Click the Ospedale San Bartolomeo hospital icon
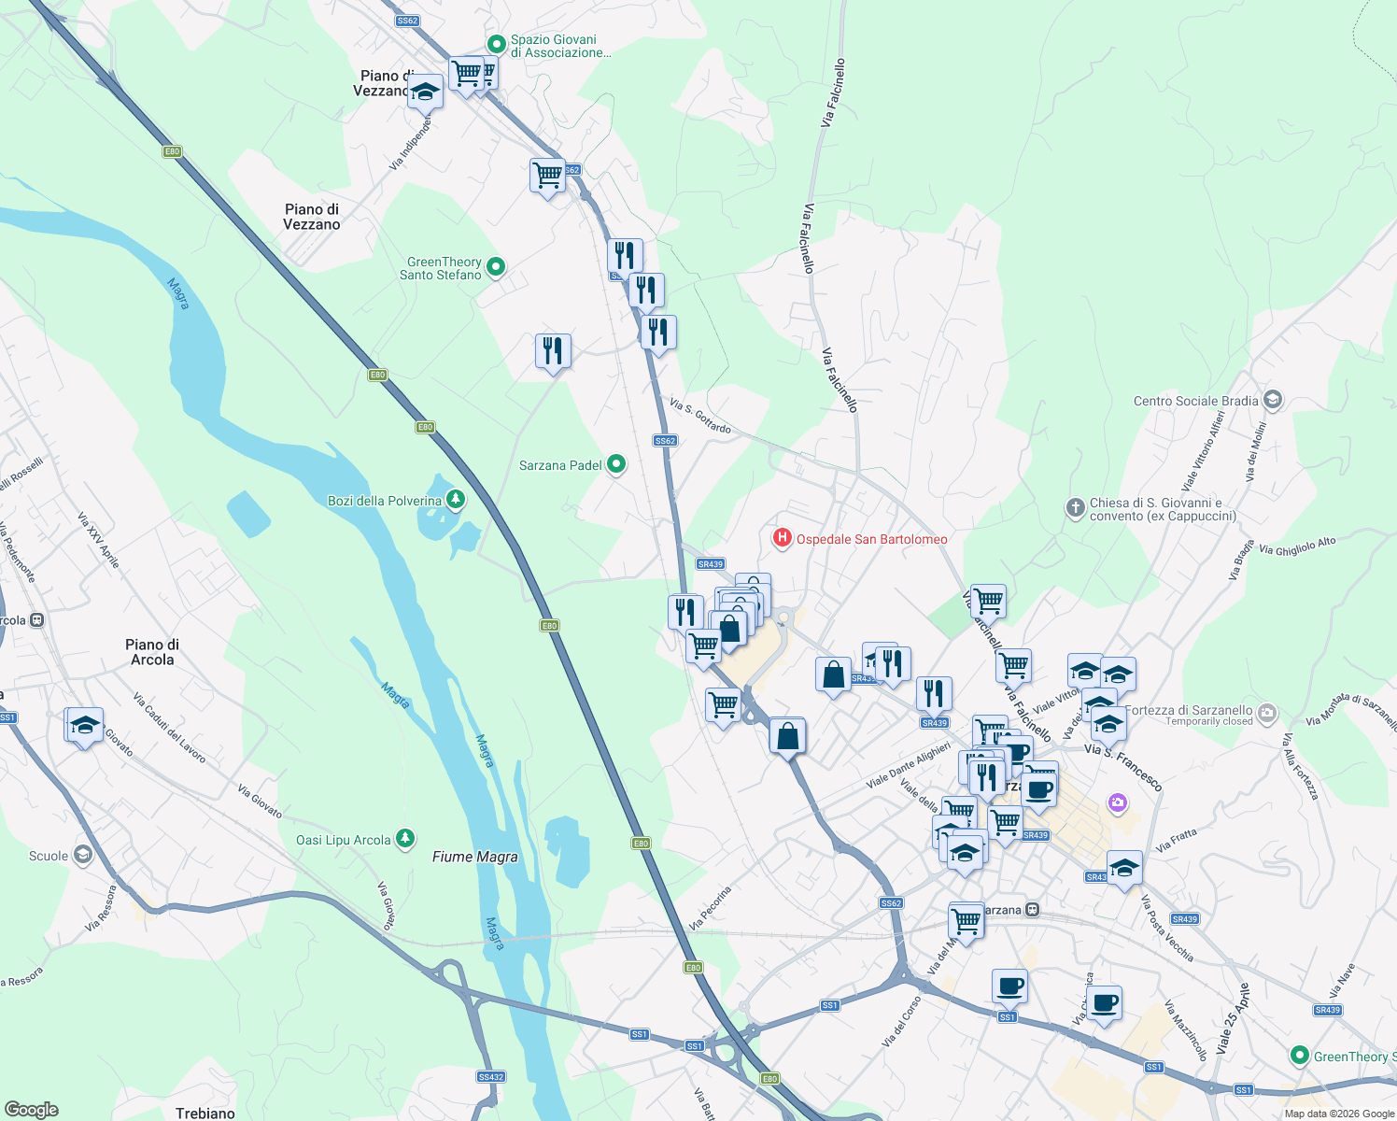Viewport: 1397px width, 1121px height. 782,538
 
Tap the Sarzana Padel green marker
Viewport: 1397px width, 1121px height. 615,464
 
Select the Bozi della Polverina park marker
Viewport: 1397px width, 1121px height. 455,500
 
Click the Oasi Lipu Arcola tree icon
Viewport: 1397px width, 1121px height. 404,839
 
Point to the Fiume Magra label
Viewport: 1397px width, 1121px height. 474,857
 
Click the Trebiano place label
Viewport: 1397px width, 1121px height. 205,1113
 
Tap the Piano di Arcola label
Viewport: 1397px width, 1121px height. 152,652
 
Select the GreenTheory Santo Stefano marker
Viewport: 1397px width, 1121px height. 496,267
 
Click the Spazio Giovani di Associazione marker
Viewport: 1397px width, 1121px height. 496,44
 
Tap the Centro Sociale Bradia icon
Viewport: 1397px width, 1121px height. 1272,400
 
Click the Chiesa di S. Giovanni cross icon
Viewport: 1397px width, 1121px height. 1075,508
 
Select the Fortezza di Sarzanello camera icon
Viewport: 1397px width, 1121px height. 1266,714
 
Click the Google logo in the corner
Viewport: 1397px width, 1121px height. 31,1109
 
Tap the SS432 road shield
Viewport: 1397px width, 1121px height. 490,1077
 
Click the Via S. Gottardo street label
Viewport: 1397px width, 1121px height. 700,416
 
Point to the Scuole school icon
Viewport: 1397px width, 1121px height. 83,855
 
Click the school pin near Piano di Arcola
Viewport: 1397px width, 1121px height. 84,726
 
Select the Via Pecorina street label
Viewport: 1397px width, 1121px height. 710,907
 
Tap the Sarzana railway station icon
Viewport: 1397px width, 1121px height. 1032,910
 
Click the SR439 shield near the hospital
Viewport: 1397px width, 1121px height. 711,563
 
